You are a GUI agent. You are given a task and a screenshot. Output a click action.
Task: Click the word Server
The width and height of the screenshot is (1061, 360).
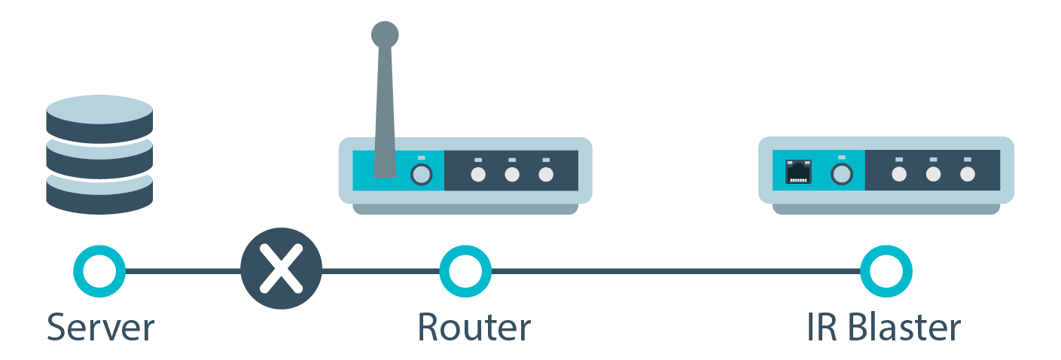[100, 328]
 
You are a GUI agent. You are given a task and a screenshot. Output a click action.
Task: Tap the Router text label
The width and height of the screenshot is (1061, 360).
[474, 328]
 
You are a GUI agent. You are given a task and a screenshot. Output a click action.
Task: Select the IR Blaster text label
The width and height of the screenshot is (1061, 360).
[883, 328]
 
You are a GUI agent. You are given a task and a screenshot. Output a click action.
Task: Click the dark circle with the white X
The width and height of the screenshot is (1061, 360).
[281, 269]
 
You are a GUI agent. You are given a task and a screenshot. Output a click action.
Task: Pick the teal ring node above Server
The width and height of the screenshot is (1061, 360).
[99, 270]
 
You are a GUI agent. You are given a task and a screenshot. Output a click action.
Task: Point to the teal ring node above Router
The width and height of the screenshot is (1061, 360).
[465, 270]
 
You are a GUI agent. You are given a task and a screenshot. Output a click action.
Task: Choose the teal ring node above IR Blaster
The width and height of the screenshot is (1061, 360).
[886, 270]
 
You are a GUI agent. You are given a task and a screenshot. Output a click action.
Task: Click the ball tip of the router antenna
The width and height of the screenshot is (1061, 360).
[385, 34]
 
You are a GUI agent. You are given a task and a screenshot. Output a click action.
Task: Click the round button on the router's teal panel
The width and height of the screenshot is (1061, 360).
[421, 175]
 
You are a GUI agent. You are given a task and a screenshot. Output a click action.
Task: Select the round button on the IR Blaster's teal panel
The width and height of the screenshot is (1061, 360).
[842, 175]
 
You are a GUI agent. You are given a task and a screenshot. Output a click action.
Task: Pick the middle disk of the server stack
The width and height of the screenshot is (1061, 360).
[99, 157]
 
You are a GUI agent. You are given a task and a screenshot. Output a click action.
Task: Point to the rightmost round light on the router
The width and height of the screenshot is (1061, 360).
[546, 175]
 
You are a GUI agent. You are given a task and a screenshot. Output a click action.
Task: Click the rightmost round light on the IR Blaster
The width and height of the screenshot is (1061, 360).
[968, 175]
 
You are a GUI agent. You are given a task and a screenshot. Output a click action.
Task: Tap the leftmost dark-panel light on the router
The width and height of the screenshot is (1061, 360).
[477, 175]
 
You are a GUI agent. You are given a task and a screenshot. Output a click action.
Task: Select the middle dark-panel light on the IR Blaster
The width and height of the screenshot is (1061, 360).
[933, 175]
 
